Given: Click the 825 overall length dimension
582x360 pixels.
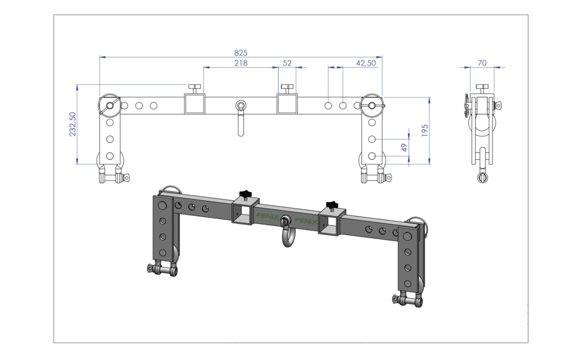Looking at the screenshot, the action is (241, 53).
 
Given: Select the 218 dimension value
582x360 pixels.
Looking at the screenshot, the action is (241, 63).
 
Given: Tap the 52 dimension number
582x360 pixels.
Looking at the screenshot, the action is (287, 63).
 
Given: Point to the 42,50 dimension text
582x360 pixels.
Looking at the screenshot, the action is (366, 63).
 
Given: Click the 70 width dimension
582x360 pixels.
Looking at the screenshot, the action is (482, 63).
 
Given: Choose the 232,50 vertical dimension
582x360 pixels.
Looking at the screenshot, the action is (72, 124).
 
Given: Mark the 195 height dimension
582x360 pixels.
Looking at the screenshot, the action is (424, 131).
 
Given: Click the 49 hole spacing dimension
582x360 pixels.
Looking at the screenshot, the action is (404, 148).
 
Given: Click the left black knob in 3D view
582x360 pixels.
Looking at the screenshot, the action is (246, 194).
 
